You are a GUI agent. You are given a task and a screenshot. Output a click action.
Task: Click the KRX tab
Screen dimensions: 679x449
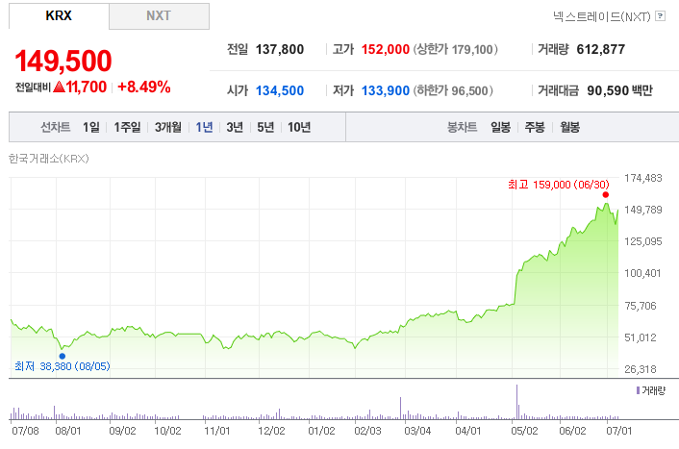[x=59, y=16]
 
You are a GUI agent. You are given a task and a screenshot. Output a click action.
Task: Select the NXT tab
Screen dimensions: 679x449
[x=159, y=16]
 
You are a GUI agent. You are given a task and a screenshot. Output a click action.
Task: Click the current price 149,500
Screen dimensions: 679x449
[x=63, y=61]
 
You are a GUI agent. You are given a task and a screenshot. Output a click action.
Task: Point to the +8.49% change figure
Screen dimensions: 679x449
[x=144, y=87]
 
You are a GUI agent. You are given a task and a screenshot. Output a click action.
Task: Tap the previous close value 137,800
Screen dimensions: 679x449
[x=280, y=49]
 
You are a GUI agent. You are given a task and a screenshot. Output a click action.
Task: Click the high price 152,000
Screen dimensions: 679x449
[x=386, y=49]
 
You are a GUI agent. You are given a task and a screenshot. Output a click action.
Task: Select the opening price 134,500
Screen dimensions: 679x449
[x=280, y=90]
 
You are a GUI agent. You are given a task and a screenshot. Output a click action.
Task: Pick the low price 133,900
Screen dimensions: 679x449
[x=386, y=90]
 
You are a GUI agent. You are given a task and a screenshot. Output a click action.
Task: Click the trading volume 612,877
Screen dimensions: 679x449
[x=601, y=49]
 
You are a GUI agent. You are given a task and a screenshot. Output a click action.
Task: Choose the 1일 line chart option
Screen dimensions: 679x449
[x=91, y=127]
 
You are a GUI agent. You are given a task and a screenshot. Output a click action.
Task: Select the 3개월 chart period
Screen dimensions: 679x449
[x=168, y=127]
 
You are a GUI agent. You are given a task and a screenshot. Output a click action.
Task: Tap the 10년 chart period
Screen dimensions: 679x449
[x=299, y=127]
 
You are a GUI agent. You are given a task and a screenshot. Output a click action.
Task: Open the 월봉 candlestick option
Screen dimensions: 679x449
[x=570, y=127]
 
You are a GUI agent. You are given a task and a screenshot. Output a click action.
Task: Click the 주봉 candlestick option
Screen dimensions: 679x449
[x=535, y=127]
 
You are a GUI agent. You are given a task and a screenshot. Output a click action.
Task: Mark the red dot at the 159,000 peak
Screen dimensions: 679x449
[x=605, y=195]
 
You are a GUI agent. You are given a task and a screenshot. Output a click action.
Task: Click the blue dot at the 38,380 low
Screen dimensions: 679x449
[x=63, y=356]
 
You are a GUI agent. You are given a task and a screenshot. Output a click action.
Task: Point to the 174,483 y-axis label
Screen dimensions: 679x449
[x=643, y=178]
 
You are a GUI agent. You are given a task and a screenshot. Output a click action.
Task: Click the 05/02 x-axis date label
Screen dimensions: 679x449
[x=524, y=431]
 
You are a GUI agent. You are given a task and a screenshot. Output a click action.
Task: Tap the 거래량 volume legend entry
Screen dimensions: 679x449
[x=651, y=390]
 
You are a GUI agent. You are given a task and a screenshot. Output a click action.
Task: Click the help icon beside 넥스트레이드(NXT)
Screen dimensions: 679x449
[x=661, y=16]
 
